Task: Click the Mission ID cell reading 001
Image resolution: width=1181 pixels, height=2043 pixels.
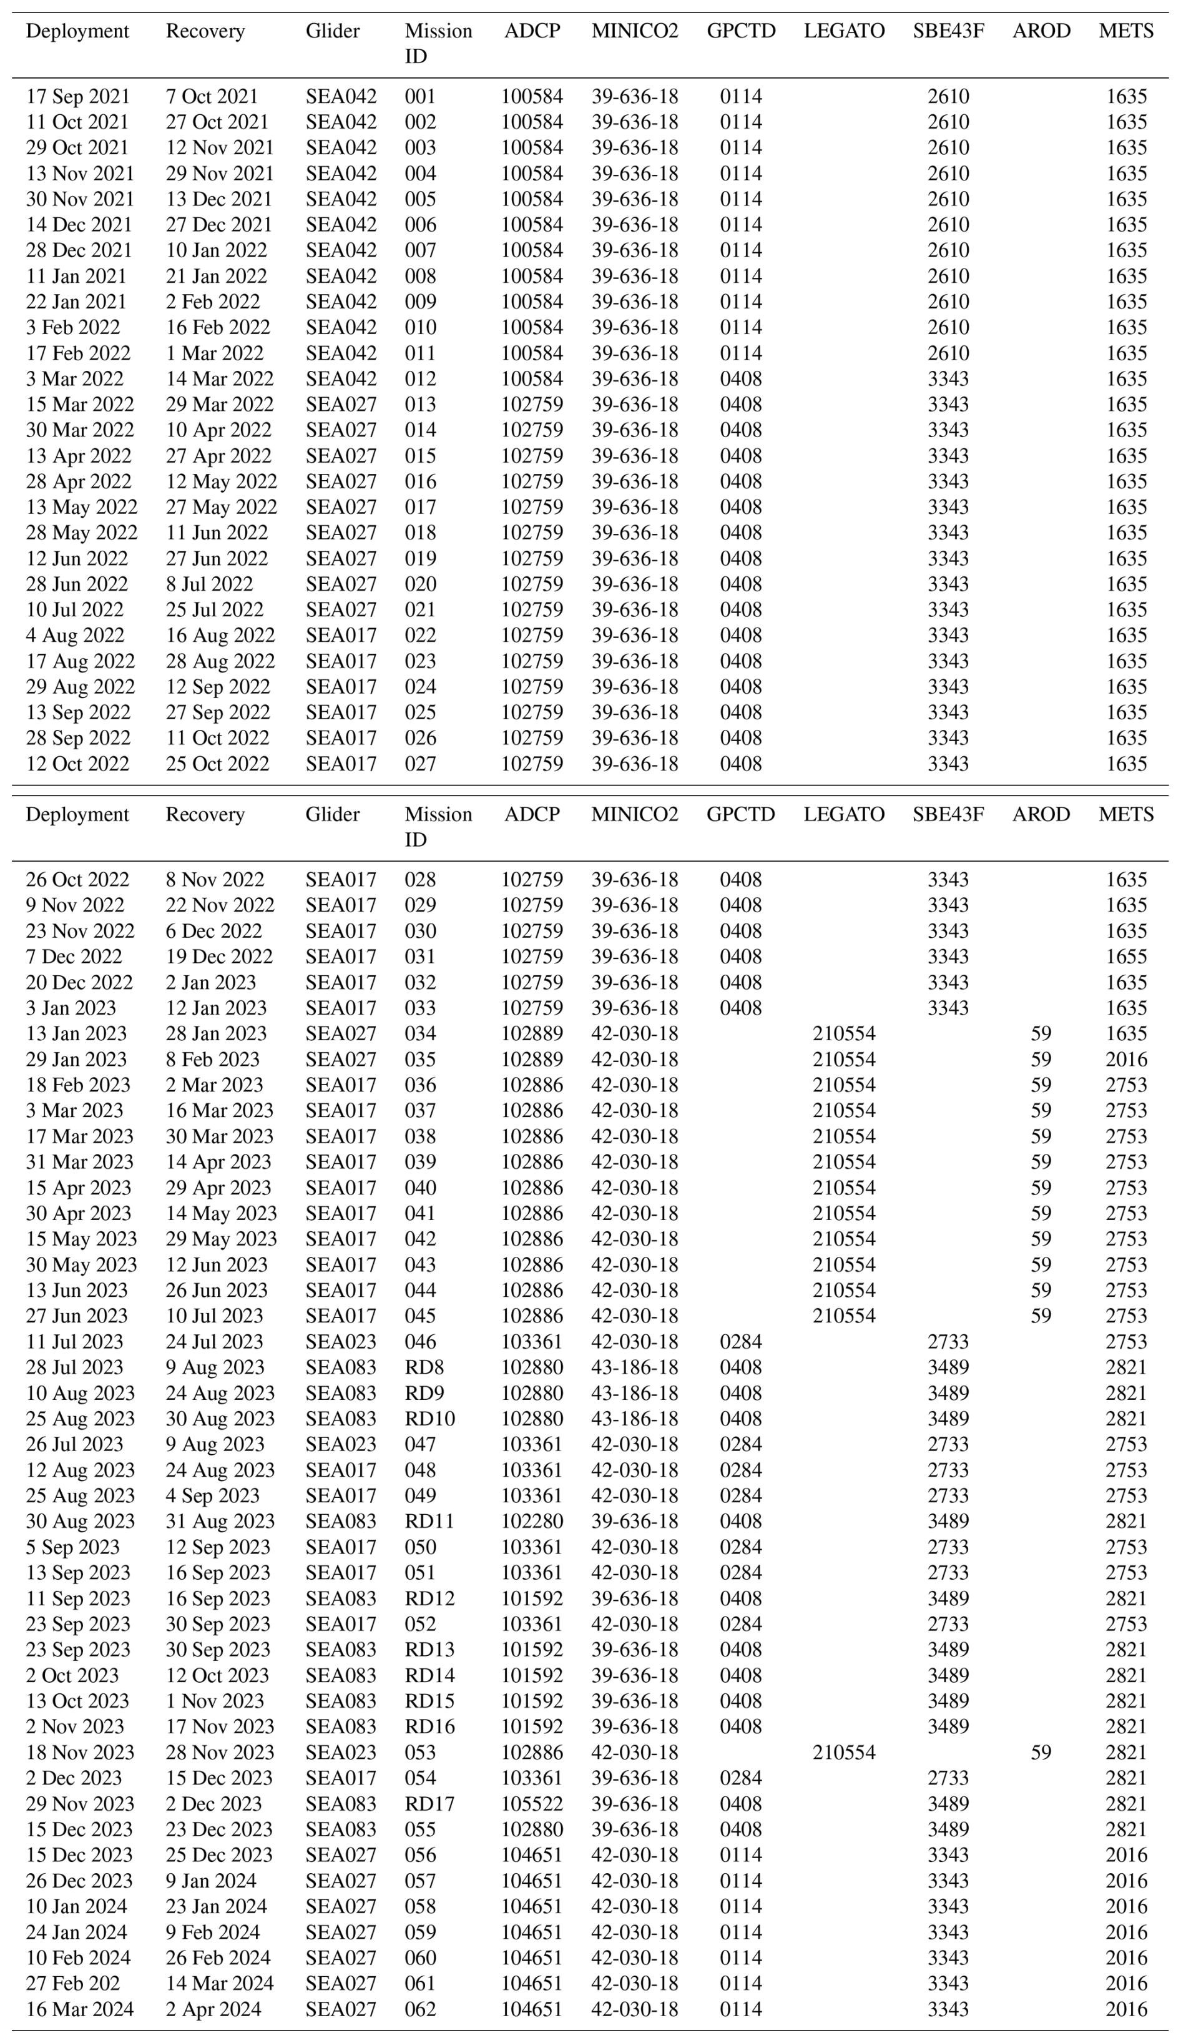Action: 420,97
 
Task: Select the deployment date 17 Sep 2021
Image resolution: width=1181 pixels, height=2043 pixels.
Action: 78,97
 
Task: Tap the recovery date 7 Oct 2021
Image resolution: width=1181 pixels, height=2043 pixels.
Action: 212,97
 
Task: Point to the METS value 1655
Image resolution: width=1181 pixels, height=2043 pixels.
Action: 1126,957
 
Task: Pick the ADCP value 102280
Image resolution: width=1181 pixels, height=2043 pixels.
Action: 532,1522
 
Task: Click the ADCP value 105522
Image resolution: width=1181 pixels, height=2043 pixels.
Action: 532,1804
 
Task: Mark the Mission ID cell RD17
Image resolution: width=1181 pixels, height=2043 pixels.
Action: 429,1804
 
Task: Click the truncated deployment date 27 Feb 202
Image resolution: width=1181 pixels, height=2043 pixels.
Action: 73,1983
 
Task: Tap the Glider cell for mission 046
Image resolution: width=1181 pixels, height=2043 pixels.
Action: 340,1342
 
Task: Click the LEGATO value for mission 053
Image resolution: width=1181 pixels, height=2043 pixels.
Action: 844,1753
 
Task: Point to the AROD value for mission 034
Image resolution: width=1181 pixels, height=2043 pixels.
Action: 1041,1033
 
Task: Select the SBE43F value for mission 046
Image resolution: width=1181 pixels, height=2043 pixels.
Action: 948,1342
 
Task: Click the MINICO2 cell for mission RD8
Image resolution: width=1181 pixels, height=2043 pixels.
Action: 635,1367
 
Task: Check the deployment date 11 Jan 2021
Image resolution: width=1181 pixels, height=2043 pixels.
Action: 76,277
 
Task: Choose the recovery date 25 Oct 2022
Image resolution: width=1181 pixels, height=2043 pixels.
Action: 217,764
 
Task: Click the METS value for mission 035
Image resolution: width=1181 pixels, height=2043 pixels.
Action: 1126,1060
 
